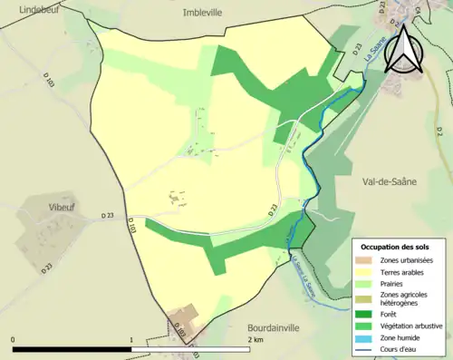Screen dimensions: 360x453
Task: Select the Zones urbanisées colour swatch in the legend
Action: pos(368,260)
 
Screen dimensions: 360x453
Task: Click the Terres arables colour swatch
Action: pos(368,272)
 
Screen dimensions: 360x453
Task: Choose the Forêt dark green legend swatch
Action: pos(368,306)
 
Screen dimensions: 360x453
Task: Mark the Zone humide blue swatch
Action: pos(368,329)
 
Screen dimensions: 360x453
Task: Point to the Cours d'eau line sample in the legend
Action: pos(368,341)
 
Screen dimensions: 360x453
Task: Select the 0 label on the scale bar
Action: pos(13,340)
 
